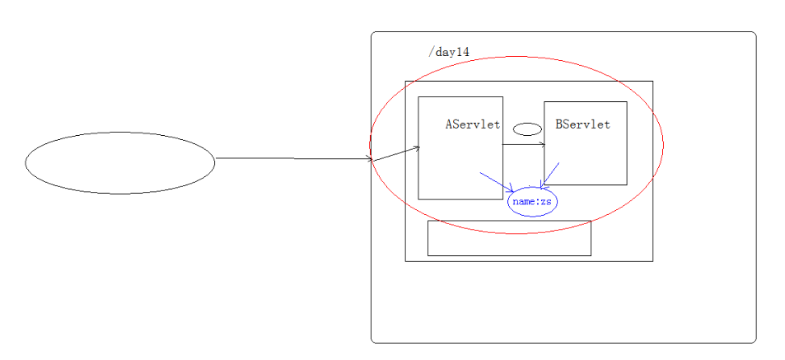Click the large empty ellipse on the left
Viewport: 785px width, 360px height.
120,163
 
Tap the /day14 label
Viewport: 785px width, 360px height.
448,52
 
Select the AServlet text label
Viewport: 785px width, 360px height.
473,125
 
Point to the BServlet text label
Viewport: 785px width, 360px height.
583,125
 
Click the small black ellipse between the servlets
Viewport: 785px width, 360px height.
527,129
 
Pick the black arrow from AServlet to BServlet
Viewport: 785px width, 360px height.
522,145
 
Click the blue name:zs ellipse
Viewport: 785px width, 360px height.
532,201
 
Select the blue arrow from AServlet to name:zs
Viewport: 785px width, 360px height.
496,182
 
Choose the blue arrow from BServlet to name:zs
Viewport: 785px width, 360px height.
550,175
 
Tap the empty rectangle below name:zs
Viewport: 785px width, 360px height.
509,238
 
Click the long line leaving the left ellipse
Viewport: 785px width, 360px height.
292,158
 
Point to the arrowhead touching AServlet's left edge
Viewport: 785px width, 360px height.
418,148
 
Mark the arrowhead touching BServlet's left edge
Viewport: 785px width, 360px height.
542,145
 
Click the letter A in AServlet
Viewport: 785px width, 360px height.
450,125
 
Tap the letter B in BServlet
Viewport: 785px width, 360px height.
560,125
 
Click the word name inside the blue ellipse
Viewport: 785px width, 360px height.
523,201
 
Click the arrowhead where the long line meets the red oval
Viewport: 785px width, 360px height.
371,159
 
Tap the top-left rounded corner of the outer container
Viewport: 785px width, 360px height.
375,35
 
